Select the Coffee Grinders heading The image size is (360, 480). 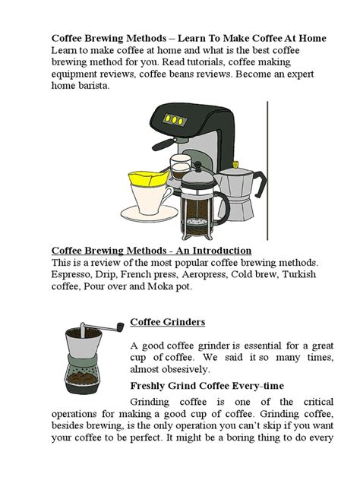click(x=168, y=322)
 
